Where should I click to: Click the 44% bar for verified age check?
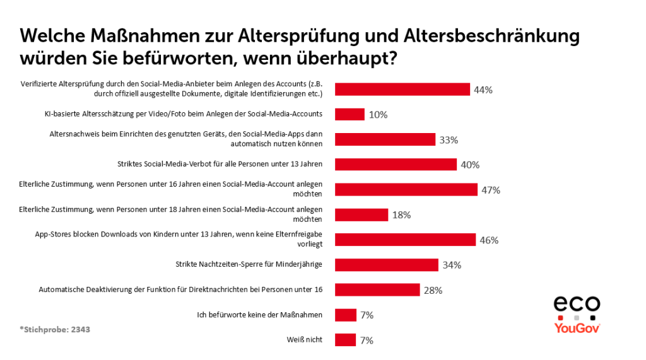point(402,90)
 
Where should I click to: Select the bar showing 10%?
point(349,114)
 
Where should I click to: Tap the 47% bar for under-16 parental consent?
point(406,190)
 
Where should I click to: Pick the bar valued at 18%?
point(361,215)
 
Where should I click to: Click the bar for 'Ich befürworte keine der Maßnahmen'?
point(346,315)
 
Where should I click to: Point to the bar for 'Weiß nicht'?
point(346,340)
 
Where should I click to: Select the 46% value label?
point(489,240)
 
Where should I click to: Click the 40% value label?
point(470,165)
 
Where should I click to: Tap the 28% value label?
point(433,290)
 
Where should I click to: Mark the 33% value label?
point(449,140)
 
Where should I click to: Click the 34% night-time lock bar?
point(386,265)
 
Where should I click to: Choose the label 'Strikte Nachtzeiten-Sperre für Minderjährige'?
point(249,264)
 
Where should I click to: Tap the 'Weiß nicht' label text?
point(304,340)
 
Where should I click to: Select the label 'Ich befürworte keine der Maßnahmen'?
point(256,315)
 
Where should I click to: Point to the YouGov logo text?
point(577,328)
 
